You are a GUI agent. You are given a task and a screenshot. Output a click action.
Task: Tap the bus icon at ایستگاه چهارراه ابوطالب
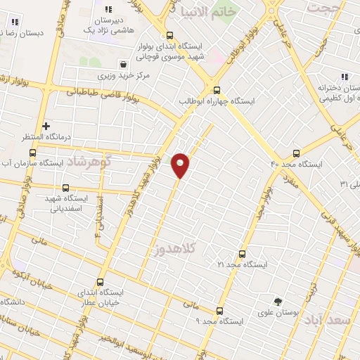click(217, 90)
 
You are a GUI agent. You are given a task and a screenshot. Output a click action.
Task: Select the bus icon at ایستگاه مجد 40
click(296, 153)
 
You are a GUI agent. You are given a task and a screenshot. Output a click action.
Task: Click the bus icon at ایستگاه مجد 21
click(242, 254)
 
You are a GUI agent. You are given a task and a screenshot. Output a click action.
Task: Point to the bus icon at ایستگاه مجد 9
click(219, 310)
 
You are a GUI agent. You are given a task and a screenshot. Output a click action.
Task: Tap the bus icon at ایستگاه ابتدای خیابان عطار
click(99, 281)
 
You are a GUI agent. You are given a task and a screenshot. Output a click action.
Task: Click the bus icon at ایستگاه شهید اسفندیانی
click(65, 188)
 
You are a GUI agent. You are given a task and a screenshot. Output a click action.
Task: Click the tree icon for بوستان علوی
click(278, 301)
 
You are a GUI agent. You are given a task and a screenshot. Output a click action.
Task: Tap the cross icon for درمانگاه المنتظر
click(46, 127)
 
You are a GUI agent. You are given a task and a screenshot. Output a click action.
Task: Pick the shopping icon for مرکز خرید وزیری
click(124, 63)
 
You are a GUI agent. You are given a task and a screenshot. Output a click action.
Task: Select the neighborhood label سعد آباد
click(328, 320)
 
